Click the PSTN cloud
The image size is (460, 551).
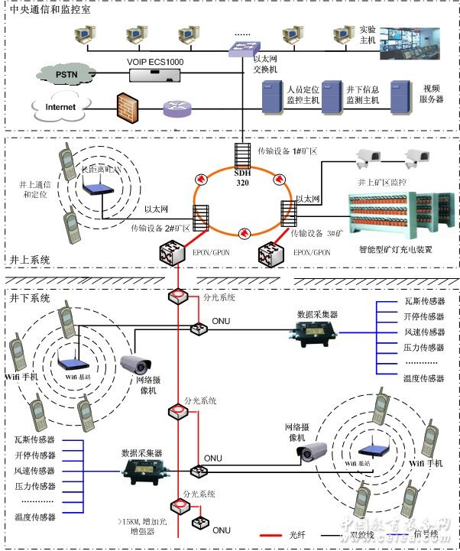click(x=66, y=74)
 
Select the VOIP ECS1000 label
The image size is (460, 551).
click(x=155, y=61)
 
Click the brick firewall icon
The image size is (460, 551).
click(x=128, y=106)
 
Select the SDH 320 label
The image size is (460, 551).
click(x=243, y=178)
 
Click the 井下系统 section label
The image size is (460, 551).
click(x=30, y=297)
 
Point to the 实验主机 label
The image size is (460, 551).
click(x=368, y=34)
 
